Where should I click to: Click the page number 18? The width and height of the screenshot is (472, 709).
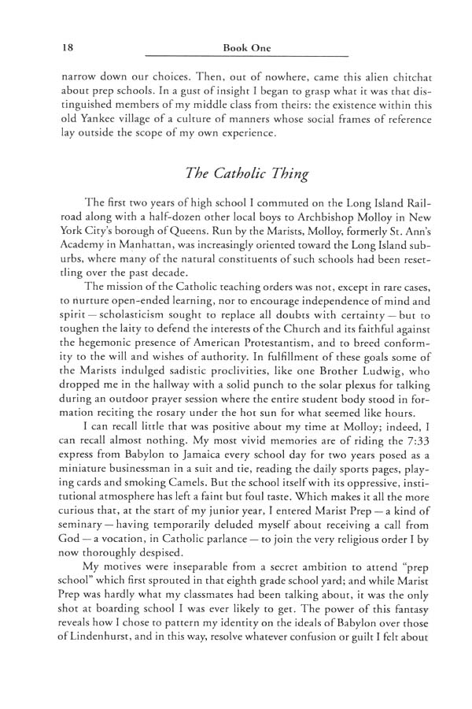coord(67,48)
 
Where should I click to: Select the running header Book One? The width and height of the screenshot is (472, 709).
coord(247,48)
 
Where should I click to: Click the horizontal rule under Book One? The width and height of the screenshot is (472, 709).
coord(247,58)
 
